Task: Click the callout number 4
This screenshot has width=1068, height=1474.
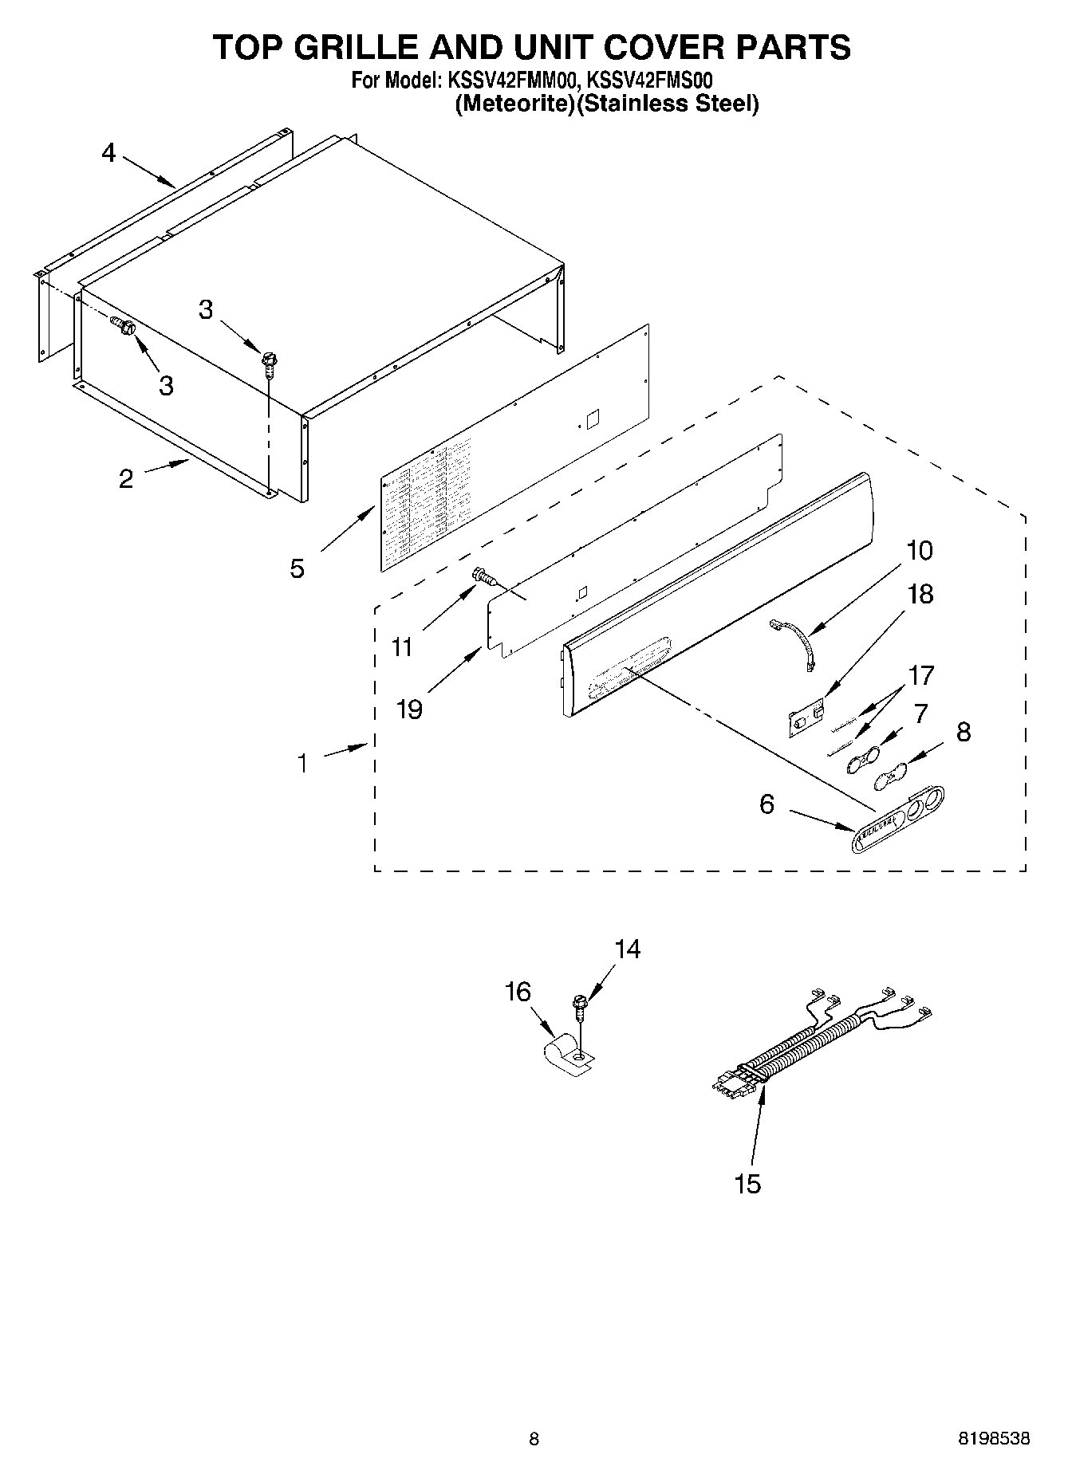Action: point(108,152)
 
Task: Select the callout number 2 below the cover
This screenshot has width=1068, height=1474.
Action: point(126,479)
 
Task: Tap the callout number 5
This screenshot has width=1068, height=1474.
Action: point(297,568)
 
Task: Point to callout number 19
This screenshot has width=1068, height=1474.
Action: point(409,709)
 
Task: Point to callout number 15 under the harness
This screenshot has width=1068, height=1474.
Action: point(747,1184)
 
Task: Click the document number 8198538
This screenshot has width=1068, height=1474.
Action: point(993,1439)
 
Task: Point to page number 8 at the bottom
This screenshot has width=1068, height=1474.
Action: point(534,1439)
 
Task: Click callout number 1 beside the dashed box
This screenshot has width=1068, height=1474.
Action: point(302,763)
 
